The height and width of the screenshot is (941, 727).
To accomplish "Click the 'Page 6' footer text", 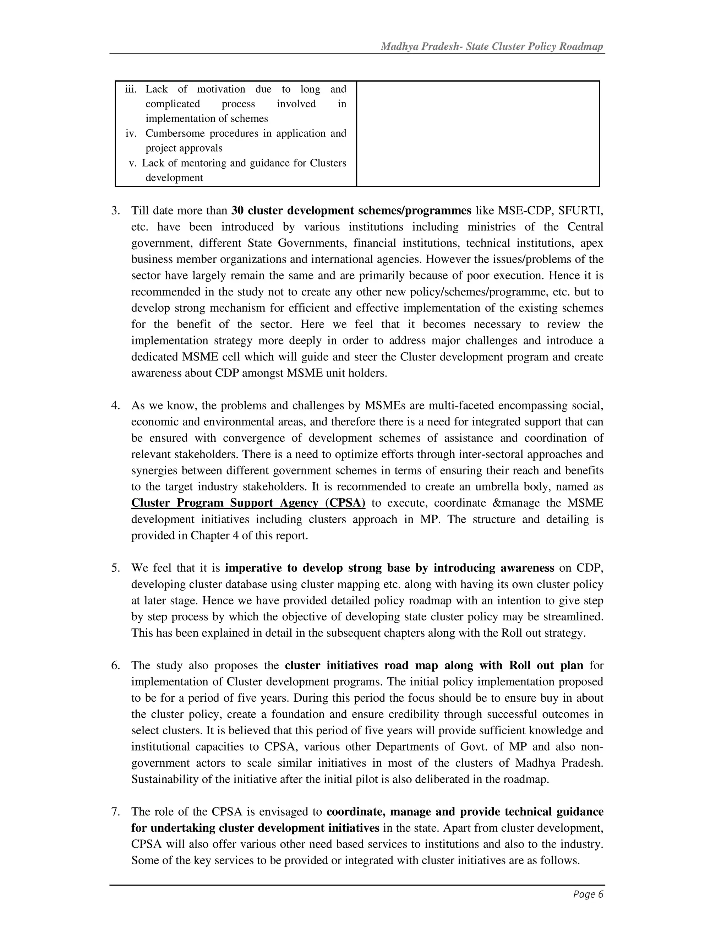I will (588, 894).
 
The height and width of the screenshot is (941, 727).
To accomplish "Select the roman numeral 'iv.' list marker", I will (131, 134).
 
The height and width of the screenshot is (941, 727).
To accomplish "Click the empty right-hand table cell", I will (478, 134).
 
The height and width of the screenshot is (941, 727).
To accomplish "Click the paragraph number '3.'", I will (115, 211).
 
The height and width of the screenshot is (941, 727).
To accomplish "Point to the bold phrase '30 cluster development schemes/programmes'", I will (351, 211).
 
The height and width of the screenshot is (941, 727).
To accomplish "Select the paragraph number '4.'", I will (115, 406).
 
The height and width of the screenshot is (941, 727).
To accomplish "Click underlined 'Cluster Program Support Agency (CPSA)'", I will (248, 503).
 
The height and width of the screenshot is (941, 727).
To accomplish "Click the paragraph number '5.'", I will (115, 568).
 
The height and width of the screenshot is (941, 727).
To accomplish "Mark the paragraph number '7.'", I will (115, 812).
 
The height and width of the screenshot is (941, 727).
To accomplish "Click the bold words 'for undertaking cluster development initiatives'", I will (255, 828).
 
